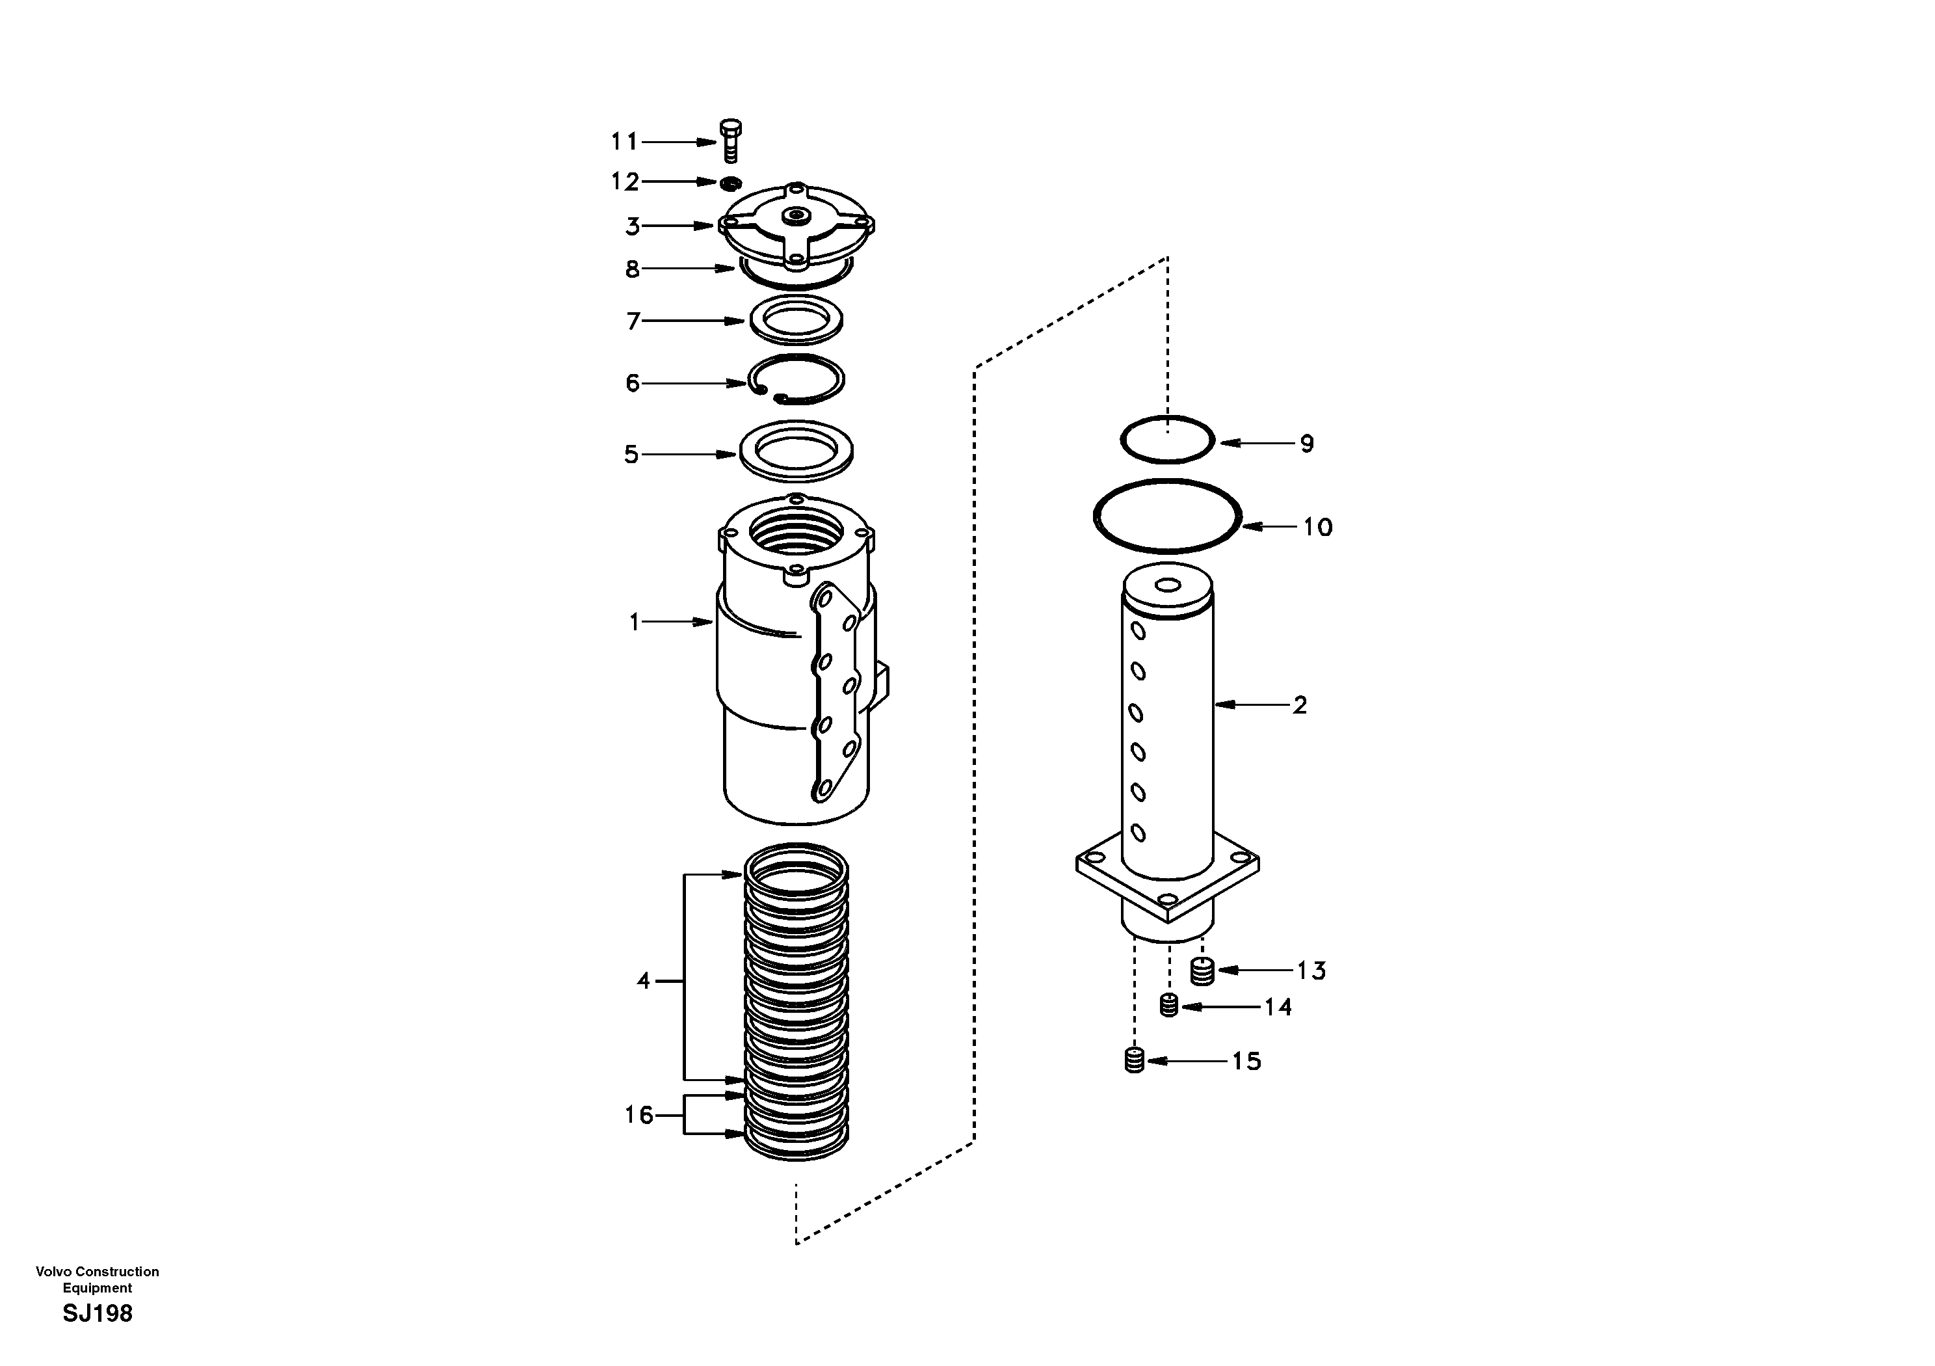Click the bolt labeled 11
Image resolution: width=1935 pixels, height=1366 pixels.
tap(731, 141)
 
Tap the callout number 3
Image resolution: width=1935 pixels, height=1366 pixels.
tap(632, 226)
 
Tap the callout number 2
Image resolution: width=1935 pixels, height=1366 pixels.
tap(1300, 705)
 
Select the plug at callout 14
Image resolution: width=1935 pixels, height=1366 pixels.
tap(1168, 1005)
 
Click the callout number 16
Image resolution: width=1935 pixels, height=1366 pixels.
tap(638, 1115)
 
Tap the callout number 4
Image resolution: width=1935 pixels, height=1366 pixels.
tap(643, 981)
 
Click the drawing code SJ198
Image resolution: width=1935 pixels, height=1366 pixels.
tap(98, 1314)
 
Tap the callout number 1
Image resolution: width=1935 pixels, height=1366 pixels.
tap(635, 623)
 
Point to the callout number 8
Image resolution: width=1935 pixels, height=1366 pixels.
tap(632, 269)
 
